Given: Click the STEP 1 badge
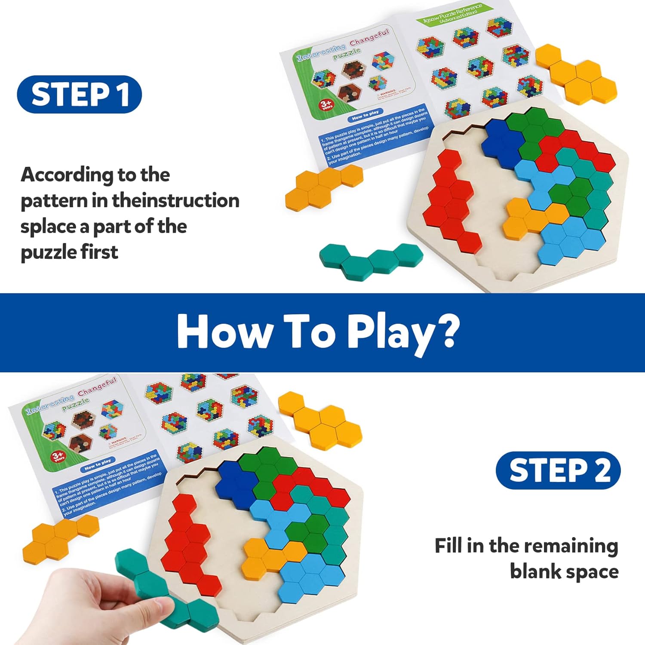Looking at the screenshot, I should (80, 94).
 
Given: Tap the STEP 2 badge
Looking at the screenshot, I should (558, 470).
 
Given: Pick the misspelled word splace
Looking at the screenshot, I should (47, 227).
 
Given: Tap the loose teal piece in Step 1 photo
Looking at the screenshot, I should (370, 260).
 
